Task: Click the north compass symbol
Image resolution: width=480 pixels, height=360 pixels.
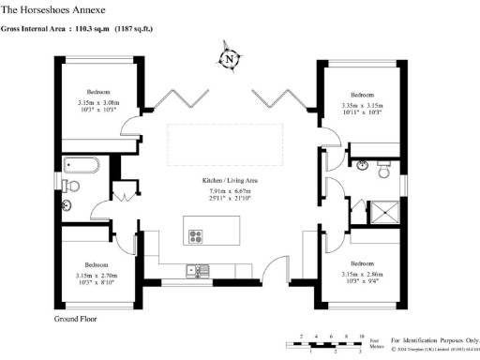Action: (229, 58)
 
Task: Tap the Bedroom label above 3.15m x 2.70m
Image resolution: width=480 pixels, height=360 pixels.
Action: (97, 263)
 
